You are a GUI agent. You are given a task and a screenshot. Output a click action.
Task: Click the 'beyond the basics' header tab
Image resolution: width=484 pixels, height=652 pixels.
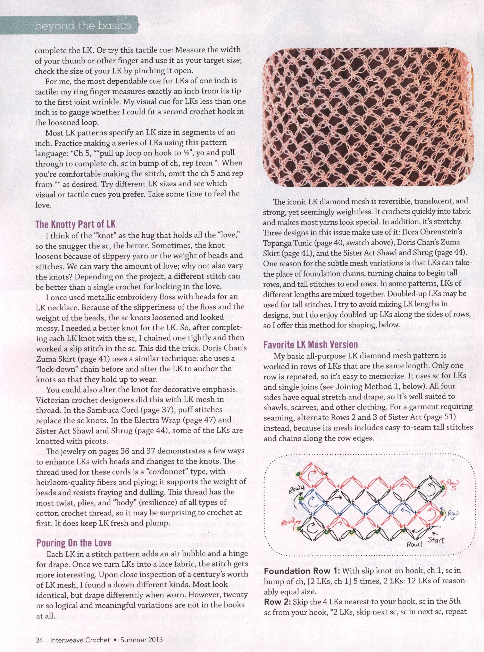coord(83,26)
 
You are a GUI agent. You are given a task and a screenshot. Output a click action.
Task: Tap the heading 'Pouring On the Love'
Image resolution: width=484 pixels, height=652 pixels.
coord(74,543)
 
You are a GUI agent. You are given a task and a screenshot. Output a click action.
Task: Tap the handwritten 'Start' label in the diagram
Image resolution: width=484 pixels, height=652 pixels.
coord(436,540)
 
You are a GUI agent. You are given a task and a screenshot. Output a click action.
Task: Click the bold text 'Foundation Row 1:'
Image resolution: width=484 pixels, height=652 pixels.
coord(302,571)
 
